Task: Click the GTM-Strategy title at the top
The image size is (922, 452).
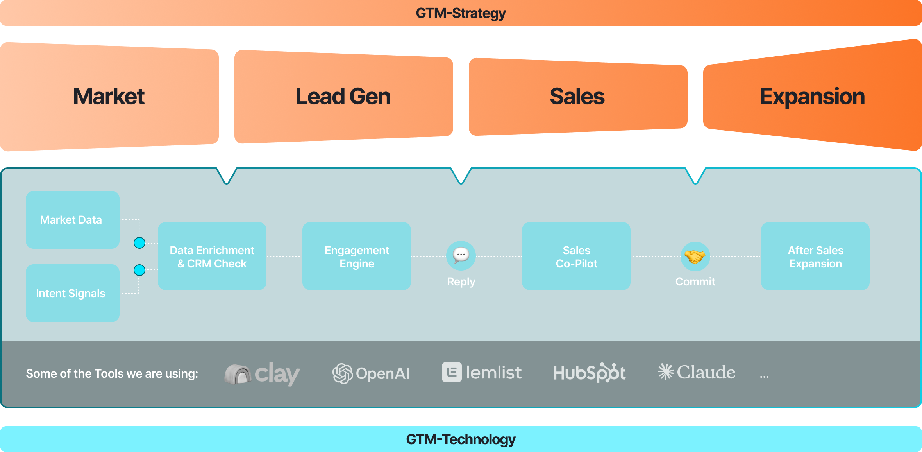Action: [x=461, y=13]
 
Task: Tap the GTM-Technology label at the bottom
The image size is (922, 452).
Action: [x=461, y=439]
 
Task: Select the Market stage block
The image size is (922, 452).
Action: [x=109, y=97]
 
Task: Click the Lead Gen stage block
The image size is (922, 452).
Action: [x=343, y=97]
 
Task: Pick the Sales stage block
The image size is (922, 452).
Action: [x=577, y=97]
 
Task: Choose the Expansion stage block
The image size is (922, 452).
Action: [x=812, y=97]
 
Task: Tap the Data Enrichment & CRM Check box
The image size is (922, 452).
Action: [x=212, y=256]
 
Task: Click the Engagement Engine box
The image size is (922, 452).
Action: [x=357, y=256]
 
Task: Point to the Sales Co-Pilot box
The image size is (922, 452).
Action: [x=576, y=256]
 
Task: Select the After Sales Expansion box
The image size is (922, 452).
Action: [x=815, y=256]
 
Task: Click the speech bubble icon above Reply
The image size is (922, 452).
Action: [x=461, y=255]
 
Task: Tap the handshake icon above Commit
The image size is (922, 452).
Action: [x=695, y=256]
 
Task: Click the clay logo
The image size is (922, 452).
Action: [x=262, y=373]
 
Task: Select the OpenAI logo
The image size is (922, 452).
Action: [x=371, y=373]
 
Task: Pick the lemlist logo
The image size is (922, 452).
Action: [x=482, y=373]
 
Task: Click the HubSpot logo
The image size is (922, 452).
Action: [x=589, y=373]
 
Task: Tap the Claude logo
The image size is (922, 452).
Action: [x=697, y=372]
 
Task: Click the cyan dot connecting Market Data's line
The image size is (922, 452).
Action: [x=139, y=243]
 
